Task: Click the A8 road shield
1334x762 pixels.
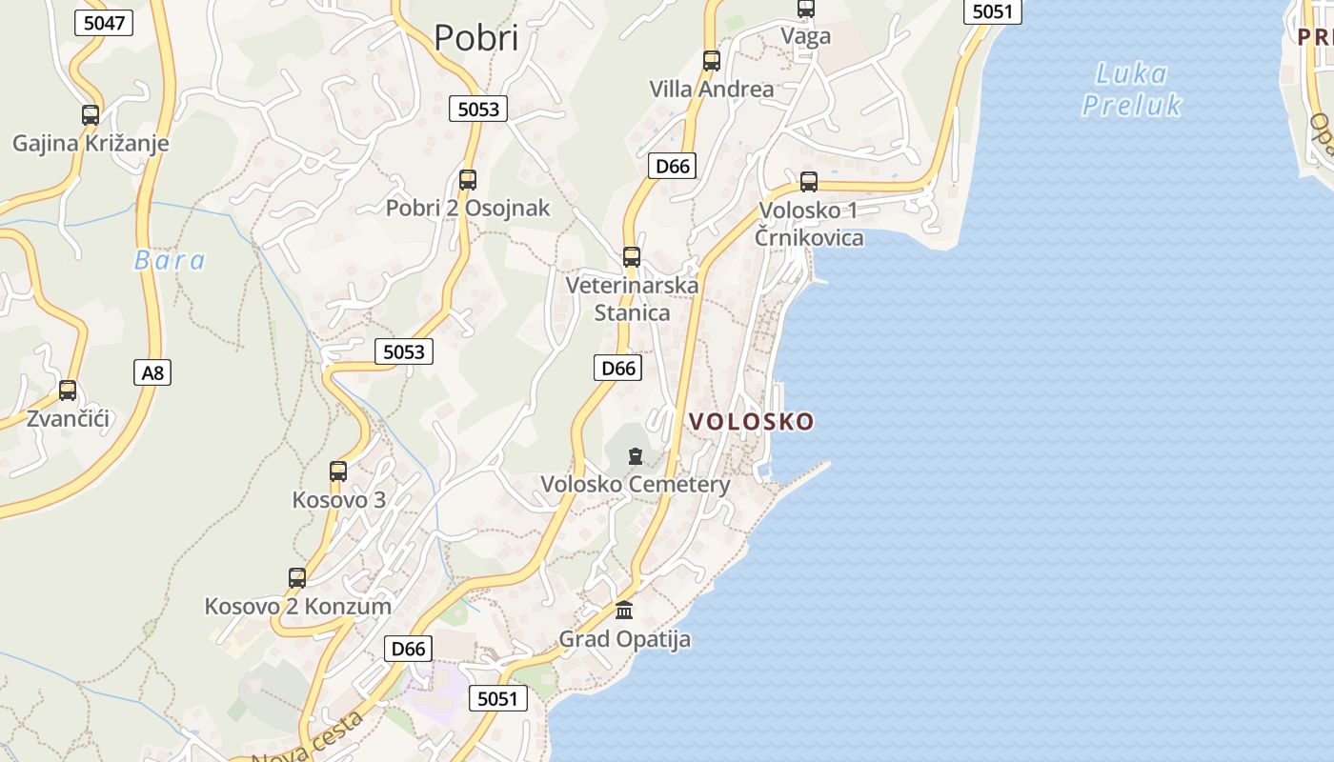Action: click(x=152, y=372)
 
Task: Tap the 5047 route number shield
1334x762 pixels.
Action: click(x=104, y=23)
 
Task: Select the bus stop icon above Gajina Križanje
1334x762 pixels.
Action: click(x=91, y=115)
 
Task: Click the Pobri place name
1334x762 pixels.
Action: click(x=476, y=38)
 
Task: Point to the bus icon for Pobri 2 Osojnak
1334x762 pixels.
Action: click(x=468, y=179)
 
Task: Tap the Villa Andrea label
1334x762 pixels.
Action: click(x=712, y=90)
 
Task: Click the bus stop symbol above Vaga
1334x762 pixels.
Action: click(x=806, y=9)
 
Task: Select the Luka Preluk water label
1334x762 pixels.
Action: click(x=1132, y=89)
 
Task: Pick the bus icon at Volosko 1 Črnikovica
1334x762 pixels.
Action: click(x=809, y=181)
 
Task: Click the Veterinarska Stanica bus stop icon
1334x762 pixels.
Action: click(x=632, y=256)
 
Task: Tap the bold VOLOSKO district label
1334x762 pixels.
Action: click(x=752, y=421)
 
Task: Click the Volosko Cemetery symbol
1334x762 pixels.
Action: click(x=636, y=456)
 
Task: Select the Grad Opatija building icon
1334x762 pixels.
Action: click(x=624, y=610)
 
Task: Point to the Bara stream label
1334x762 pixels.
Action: click(x=170, y=261)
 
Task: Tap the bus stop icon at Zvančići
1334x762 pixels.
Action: click(x=68, y=390)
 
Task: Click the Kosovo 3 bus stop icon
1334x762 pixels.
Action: click(x=338, y=471)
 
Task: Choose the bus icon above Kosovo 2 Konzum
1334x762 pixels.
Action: click(x=297, y=577)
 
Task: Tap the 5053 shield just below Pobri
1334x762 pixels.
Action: click(x=478, y=109)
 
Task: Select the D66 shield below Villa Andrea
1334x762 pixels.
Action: click(x=673, y=166)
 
